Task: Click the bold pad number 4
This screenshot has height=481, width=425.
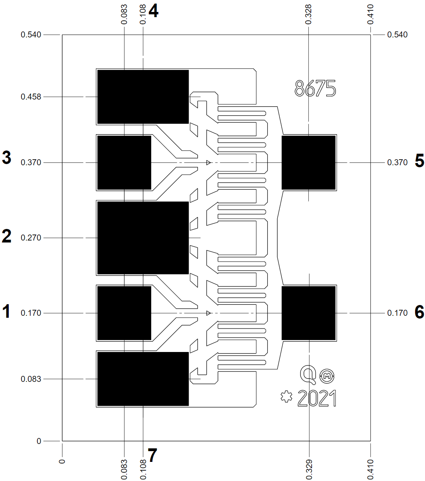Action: [x=153, y=11]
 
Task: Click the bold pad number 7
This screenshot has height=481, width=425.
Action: [x=152, y=455]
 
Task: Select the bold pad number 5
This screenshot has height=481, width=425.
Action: [x=419, y=161]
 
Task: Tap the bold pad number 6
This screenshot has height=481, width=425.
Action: [x=419, y=312]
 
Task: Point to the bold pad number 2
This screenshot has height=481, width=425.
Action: [x=7, y=236]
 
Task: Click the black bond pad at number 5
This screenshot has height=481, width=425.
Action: [x=308, y=162]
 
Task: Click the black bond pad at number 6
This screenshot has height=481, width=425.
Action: [x=308, y=313]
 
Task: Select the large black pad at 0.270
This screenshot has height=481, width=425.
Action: [x=143, y=238]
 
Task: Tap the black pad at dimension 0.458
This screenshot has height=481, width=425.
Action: [x=143, y=97]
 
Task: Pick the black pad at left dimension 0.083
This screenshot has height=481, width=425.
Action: [x=143, y=379]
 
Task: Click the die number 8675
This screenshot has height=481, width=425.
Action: [x=315, y=88]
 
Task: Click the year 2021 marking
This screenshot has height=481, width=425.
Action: [x=317, y=399]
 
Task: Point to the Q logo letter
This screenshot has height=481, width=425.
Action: [x=308, y=373]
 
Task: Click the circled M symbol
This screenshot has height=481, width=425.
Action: [x=327, y=375]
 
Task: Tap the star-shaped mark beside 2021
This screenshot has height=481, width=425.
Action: [x=286, y=397]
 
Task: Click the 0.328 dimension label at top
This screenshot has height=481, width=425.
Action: [x=309, y=14]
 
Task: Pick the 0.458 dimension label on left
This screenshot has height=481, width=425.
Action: [x=31, y=97]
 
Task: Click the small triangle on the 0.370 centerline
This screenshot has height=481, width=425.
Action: [x=208, y=162]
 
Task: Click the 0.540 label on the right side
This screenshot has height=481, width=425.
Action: [x=397, y=35]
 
